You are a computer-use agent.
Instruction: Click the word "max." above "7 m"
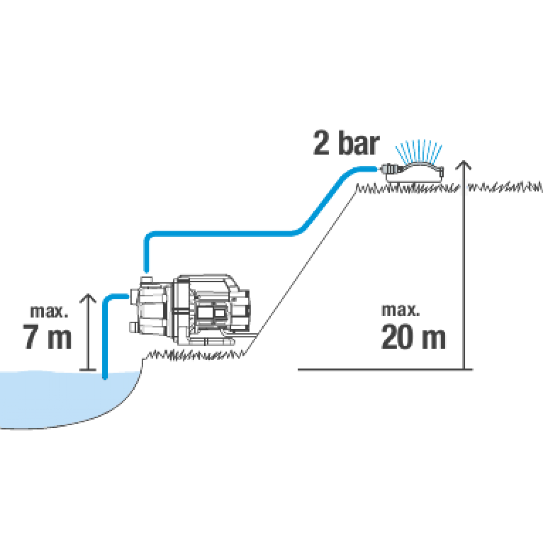coord(48,312)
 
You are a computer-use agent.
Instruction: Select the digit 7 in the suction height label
coord(31,336)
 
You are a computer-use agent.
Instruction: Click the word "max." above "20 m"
coord(400,310)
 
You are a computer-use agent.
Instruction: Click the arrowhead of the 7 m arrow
coord(88,298)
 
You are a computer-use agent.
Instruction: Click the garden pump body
coord(192,309)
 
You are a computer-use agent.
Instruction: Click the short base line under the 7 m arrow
coord(88,370)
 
